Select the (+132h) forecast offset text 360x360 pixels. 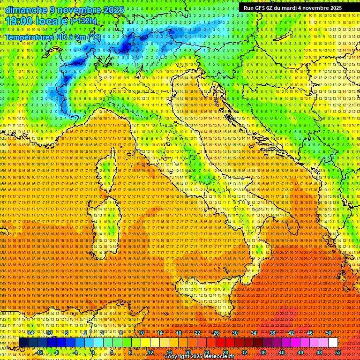click(x=84, y=21)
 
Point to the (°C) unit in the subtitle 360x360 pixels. click(x=93, y=36)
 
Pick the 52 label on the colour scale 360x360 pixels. click(x=338, y=352)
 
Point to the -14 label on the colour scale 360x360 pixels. click(x=30, y=333)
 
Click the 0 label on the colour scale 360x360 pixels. click(x=93, y=352)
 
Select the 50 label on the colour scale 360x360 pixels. click(x=329, y=333)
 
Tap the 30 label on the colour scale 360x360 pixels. click(x=235, y=333)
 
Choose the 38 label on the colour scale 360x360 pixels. click(x=272, y=333)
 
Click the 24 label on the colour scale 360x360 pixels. click(x=207, y=352)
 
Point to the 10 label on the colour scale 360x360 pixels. click(x=141, y=333)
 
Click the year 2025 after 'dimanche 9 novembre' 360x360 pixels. click(x=114, y=10)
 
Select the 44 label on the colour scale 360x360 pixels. click(x=300, y=352)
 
